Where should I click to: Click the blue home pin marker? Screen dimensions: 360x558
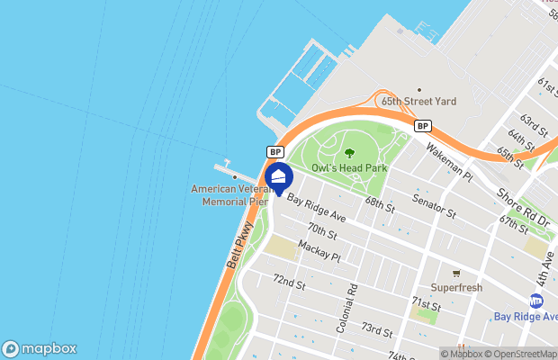click(x=278, y=176)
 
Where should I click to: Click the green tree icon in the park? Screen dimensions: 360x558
click(x=349, y=153)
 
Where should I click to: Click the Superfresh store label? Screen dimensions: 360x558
click(x=456, y=288)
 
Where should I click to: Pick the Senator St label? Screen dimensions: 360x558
click(x=435, y=205)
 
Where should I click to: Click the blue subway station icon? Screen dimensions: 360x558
click(x=537, y=301)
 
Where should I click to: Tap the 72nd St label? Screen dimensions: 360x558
click(x=290, y=282)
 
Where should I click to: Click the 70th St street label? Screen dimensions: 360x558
click(x=321, y=231)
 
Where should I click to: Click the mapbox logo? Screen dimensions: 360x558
click(x=39, y=348)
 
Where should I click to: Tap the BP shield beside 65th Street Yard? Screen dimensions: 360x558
click(x=421, y=126)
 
